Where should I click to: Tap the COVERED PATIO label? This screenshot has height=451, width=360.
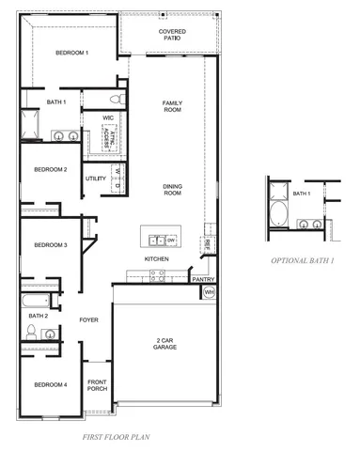coord(172,35)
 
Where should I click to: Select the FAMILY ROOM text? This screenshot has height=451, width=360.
coord(172,106)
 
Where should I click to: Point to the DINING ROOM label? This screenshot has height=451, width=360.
coord(172,188)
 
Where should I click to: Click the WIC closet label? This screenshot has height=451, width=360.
coord(108,118)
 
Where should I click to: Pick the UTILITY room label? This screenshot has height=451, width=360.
coord(96,178)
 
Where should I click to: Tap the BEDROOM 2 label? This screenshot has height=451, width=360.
coord(50,169)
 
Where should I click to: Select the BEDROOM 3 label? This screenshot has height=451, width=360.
coord(50,245)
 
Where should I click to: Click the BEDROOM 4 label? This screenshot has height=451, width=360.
coord(50,385)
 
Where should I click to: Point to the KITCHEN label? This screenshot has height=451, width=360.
coord(156,258)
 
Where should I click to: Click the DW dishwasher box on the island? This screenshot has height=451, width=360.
coord(171,239)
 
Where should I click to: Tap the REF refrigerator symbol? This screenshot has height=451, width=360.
coord(206,244)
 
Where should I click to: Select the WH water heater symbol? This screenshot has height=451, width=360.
coord(209,292)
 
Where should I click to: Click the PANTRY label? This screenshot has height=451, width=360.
coord(203,279)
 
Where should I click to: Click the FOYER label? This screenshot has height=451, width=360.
coord(88,320)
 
